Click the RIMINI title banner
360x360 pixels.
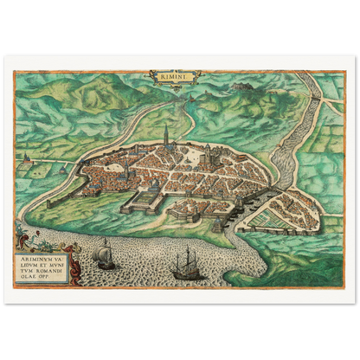171,78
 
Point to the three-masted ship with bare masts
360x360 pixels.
186,263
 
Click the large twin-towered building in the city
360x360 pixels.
208,152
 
